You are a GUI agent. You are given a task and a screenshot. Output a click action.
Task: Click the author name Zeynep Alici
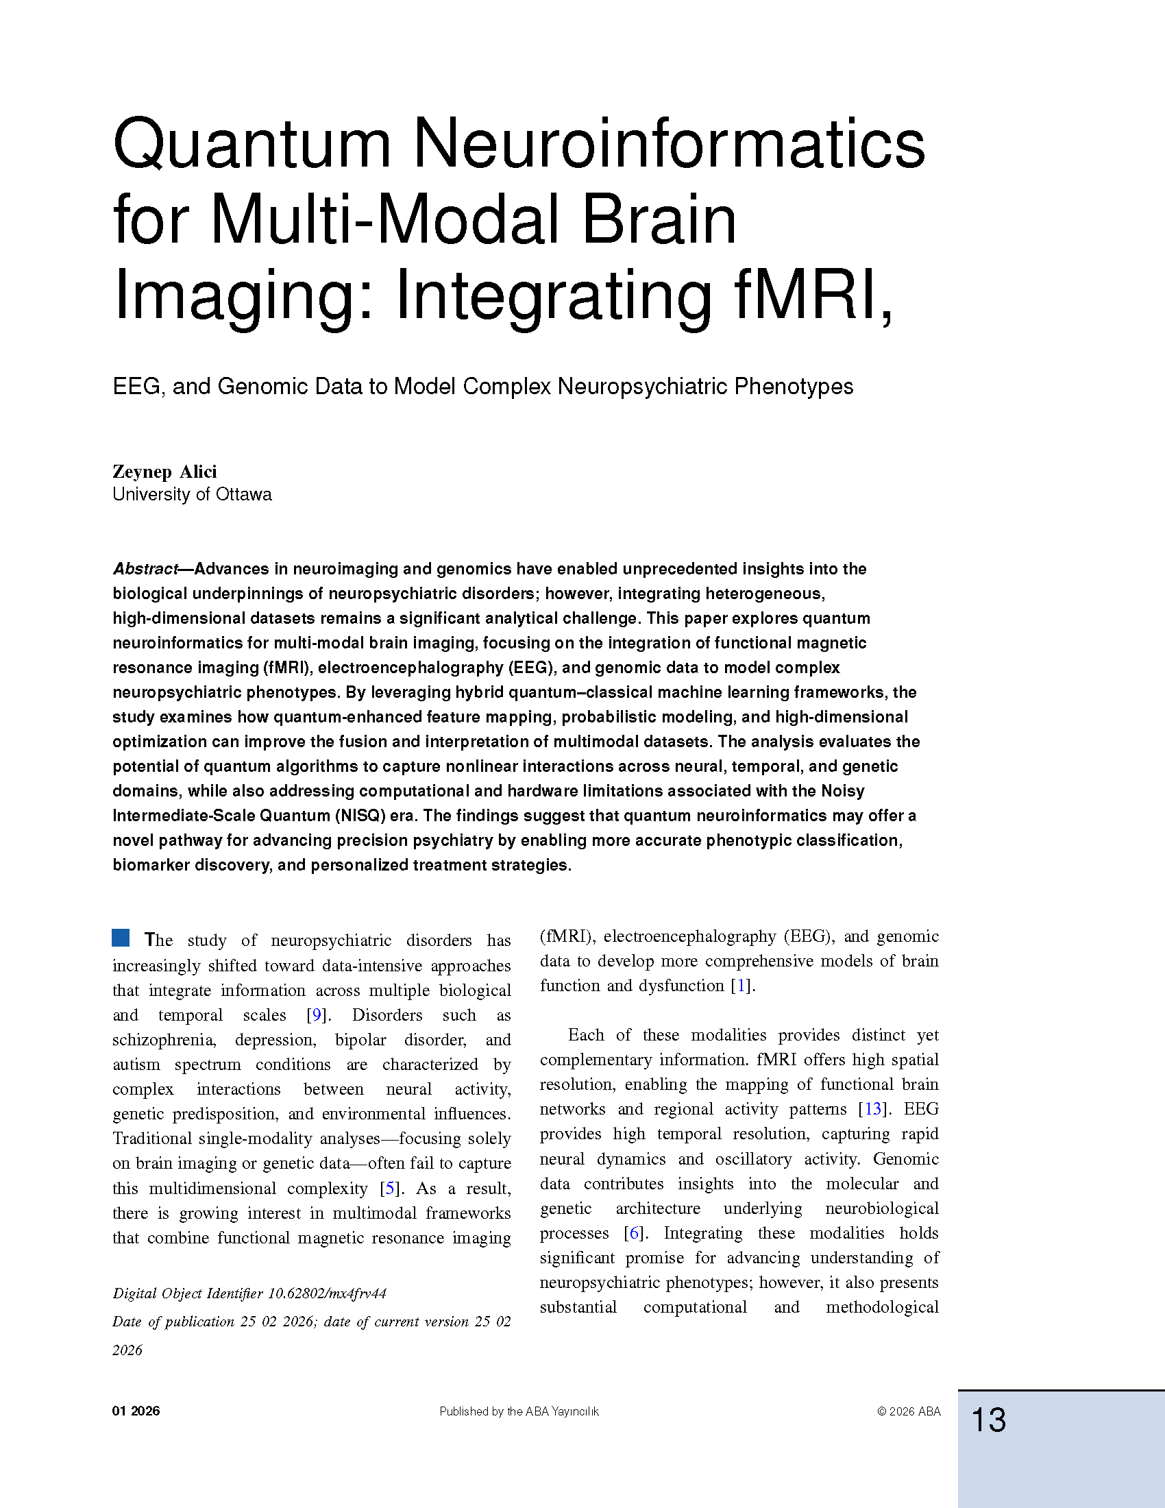(164, 472)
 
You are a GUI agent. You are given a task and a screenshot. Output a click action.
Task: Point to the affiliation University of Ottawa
(192, 494)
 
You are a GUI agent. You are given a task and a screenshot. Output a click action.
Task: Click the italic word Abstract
(145, 569)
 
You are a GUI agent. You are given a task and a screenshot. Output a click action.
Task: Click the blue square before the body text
(121, 938)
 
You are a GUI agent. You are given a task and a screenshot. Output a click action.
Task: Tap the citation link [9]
(317, 1015)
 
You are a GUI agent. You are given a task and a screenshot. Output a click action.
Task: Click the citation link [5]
(391, 1189)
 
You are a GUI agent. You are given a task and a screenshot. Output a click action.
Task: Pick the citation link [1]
(742, 985)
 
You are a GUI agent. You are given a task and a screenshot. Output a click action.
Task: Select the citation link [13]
(873, 1109)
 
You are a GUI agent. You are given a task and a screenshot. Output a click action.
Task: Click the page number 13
(988, 1420)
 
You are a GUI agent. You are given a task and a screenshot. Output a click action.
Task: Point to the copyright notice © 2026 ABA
(908, 1411)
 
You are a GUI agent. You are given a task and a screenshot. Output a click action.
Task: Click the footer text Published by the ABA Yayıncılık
(519, 1411)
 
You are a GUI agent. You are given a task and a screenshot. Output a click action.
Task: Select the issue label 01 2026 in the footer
(136, 1411)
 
